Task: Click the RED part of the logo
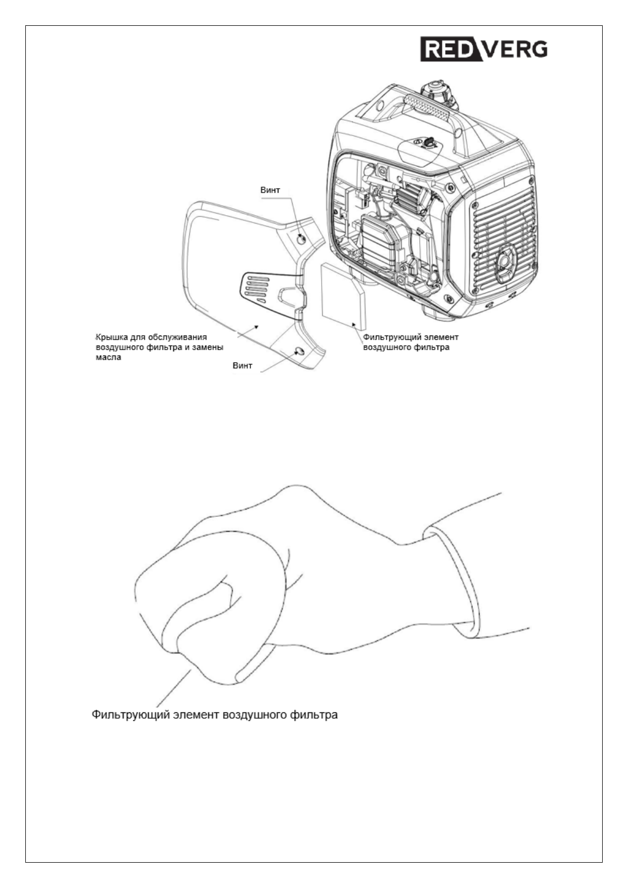447,49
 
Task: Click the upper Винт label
270,190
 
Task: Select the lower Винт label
242,365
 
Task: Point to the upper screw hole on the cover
301,239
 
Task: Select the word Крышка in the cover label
110,336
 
